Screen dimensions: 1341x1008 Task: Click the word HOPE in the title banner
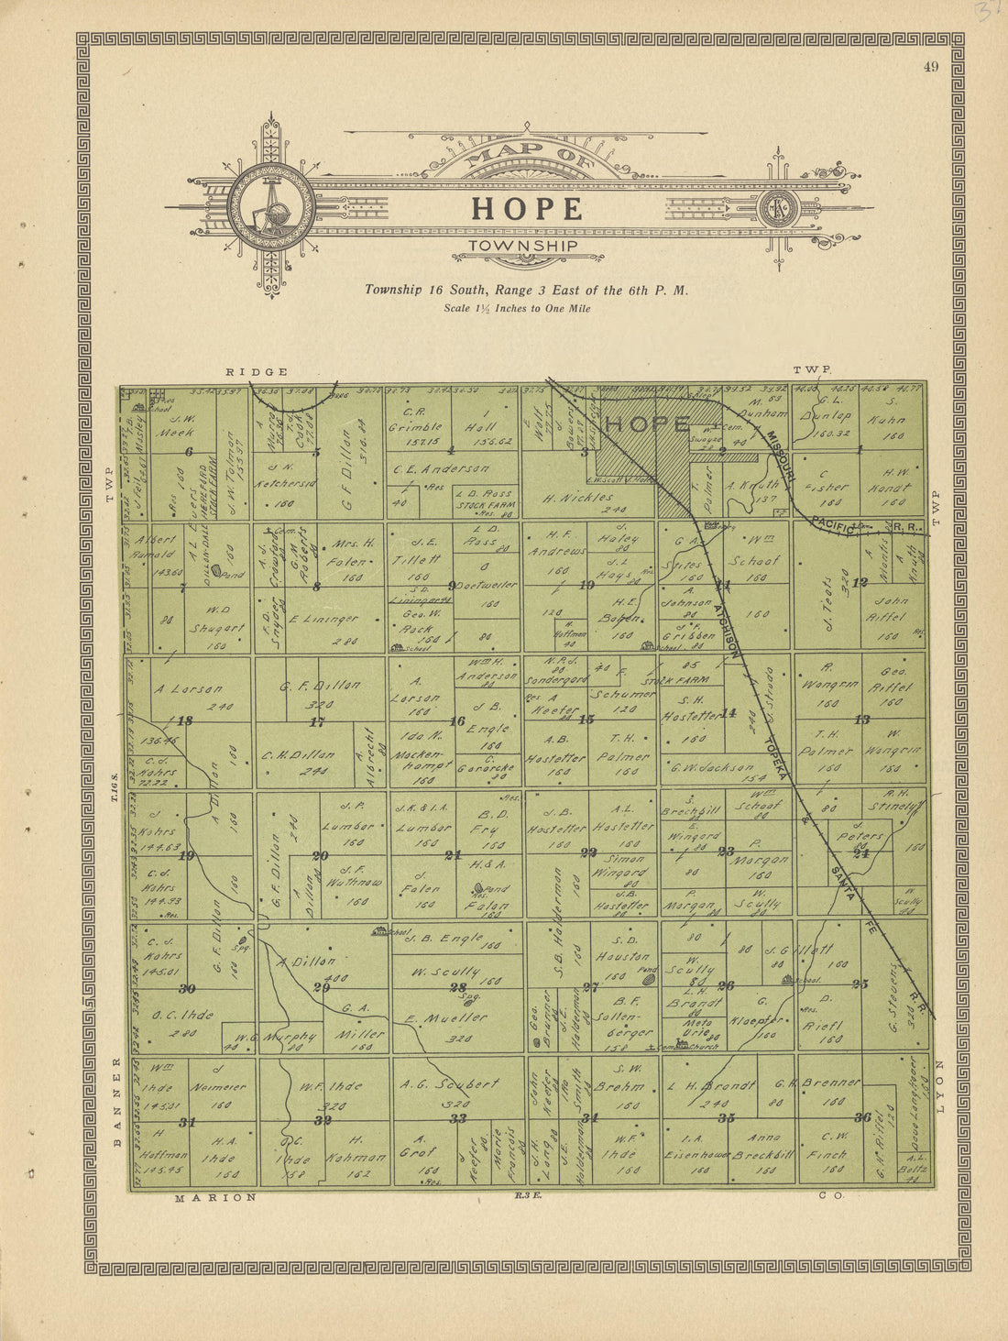tap(527, 209)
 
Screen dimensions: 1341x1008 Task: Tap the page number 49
tap(931, 63)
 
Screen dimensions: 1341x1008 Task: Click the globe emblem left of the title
tap(271, 208)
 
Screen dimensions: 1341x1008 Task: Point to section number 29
tap(321, 987)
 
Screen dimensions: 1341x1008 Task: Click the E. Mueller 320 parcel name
tap(446, 1017)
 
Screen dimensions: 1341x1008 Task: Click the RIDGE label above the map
tap(257, 371)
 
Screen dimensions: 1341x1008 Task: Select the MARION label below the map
tap(215, 1197)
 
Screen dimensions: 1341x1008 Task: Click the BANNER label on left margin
tap(117, 1100)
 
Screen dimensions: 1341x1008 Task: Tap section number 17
tap(317, 722)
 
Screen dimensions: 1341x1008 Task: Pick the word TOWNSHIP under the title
tap(523, 246)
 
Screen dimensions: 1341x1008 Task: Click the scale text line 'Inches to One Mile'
tap(518, 308)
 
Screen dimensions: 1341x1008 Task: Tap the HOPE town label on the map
tap(648, 424)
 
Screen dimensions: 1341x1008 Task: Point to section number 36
tap(862, 1116)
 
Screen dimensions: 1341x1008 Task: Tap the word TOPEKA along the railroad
tap(779, 761)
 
